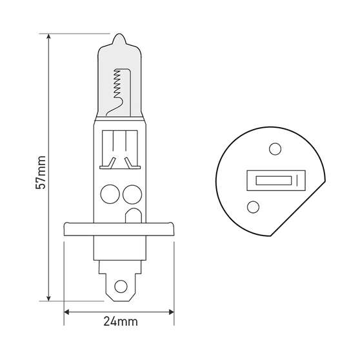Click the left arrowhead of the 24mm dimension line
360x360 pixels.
[68, 310]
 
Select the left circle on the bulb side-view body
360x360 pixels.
[110, 193]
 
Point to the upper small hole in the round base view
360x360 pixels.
[275, 150]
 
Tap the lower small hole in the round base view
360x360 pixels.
[253, 207]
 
